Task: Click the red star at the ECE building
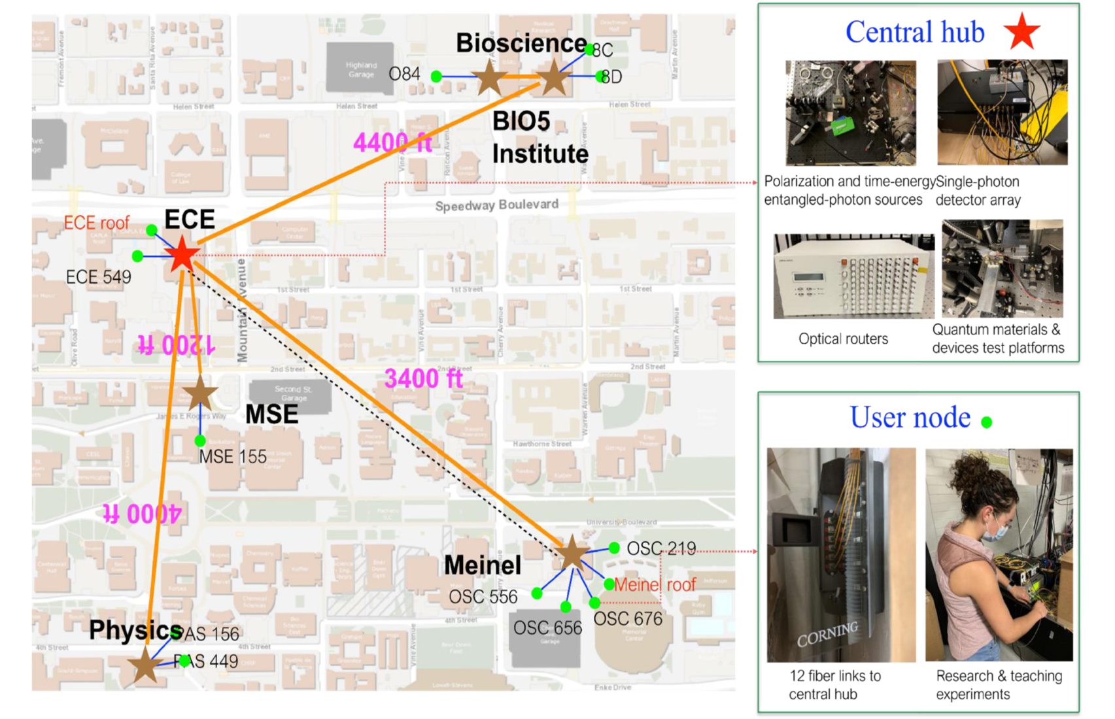(182, 255)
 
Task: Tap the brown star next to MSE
(199, 394)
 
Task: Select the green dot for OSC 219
(614, 548)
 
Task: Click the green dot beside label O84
(437, 76)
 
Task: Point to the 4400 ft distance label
(392, 142)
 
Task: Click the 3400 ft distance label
(423, 378)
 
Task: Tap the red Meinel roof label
(655, 584)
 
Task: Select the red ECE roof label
(96, 223)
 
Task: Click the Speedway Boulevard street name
(496, 205)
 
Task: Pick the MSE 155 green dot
(200, 441)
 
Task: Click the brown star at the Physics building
(145, 665)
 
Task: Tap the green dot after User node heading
(987, 422)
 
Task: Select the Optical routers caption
(843, 339)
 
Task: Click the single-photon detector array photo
(1002, 112)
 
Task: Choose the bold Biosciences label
(521, 43)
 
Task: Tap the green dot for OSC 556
(537, 594)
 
